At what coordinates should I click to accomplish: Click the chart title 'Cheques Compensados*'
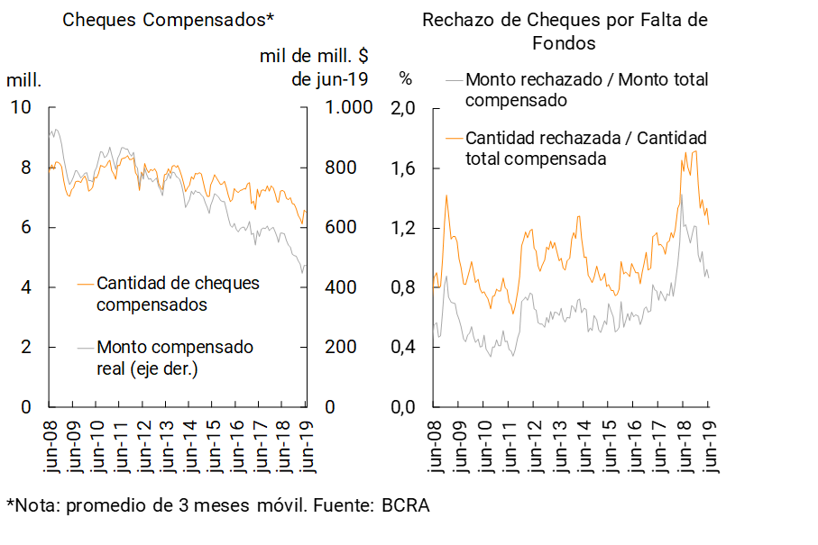(168, 19)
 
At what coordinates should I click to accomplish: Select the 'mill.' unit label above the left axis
(24, 79)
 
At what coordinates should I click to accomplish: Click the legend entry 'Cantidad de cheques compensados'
(178, 294)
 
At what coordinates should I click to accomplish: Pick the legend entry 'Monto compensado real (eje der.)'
(175, 358)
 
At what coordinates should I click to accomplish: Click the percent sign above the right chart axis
(406, 79)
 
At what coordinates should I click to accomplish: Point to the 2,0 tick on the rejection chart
(403, 108)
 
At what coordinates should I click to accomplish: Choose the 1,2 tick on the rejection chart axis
(403, 228)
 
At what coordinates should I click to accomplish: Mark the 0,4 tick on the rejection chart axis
(403, 348)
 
